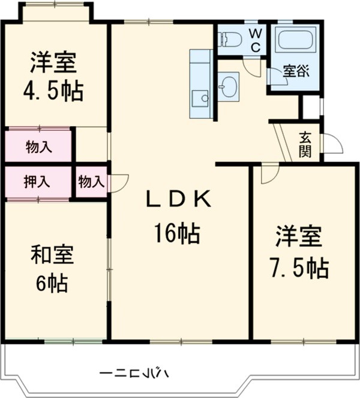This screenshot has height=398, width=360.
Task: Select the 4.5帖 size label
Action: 53,92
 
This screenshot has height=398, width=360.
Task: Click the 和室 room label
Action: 52,255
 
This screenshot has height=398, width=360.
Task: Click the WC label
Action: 254,40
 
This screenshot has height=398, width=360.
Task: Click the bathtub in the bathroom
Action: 296,40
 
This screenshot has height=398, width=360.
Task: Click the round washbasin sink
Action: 228,87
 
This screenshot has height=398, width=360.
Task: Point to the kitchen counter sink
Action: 200,97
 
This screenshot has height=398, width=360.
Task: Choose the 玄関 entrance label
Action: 306,145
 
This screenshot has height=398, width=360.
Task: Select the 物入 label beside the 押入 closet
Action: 91,181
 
